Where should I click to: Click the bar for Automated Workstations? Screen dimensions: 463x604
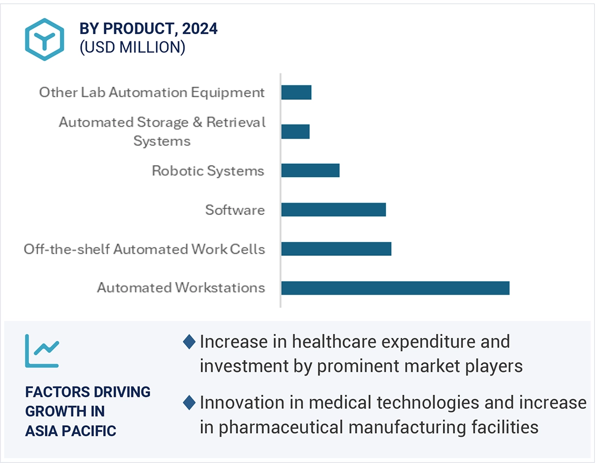point(395,288)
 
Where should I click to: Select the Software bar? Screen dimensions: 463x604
point(333,209)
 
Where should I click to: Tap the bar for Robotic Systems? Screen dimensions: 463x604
point(310,171)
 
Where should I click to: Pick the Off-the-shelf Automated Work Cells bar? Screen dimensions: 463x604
point(336,249)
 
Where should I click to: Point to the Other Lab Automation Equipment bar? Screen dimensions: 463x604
point(296,92)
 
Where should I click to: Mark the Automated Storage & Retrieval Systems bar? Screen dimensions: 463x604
point(295,131)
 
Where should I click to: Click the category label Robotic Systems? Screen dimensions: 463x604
point(208,171)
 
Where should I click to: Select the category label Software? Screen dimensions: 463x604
point(235,210)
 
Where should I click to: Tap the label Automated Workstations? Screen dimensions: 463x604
point(181,287)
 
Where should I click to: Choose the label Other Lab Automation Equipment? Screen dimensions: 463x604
point(152,92)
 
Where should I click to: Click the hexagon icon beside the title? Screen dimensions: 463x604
point(44,39)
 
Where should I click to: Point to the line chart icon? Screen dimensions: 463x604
point(42,351)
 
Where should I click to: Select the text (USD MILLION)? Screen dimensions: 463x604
point(132,47)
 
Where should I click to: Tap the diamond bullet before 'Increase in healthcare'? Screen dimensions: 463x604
point(189,342)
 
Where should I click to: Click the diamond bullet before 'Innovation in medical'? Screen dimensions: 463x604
point(189,402)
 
